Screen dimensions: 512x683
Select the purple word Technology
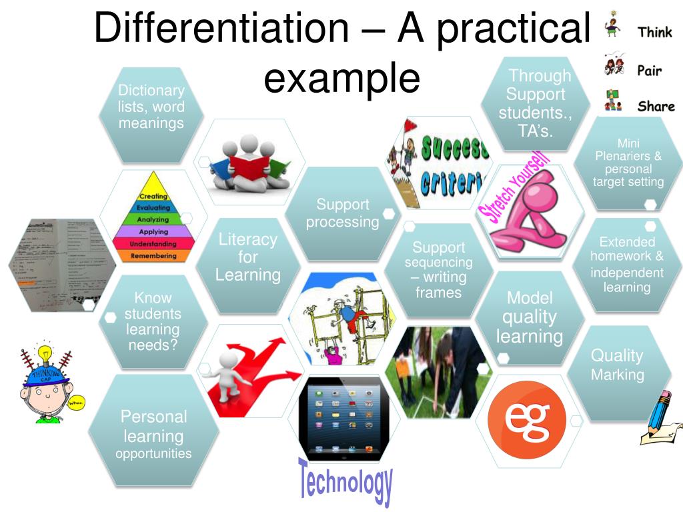click(345, 481)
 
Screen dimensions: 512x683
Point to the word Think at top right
click(654, 31)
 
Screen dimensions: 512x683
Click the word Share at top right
click(656, 106)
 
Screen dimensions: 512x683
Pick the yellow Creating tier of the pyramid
click(153, 196)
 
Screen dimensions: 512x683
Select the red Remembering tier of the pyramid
click(153, 256)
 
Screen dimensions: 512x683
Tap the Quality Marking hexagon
click(618, 365)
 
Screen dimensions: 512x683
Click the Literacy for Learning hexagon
click(247, 257)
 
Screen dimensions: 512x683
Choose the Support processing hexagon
click(342, 213)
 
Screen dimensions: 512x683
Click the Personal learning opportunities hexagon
click(153, 435)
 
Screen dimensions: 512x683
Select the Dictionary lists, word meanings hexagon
click(151, 107)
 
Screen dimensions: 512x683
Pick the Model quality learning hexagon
click(530, 317)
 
